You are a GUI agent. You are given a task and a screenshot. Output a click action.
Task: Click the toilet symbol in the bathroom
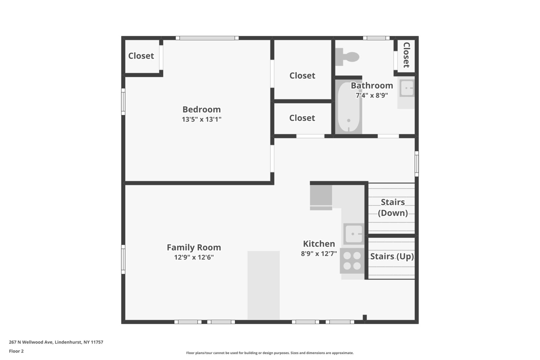tap(347, 57)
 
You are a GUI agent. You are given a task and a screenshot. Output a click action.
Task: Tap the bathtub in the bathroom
tap(349, 107)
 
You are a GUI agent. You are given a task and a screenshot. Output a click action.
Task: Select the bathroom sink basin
tap(407, 88)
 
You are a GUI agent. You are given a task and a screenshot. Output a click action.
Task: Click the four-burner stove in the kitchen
tap(352, 261)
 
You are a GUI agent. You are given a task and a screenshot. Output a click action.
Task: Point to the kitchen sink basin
tap(354, 234)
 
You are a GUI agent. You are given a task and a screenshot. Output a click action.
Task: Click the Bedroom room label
tap(201, 110)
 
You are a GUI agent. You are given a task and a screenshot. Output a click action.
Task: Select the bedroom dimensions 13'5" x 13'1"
tap(201, 119)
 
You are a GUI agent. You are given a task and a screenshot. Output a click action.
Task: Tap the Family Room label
tap(194, 247)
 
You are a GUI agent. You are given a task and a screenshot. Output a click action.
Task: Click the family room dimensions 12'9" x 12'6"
tap(194, 257)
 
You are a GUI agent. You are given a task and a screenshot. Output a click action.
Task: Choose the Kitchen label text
tap(319, 244)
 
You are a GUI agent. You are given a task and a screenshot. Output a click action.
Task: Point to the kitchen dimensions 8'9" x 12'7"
tap(319, 254)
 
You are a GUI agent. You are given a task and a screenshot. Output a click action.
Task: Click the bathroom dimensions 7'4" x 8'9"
tap(372, 95)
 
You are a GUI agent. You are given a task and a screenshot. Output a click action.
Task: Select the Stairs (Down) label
tap(393, 207)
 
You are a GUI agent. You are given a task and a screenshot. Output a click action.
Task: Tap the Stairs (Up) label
tap(392, 256)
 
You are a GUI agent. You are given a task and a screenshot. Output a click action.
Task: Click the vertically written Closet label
tap(406, 55)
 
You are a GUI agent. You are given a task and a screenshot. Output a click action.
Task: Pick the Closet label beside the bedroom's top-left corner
tap(141, 56)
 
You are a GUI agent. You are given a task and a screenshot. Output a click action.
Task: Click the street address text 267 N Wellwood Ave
tap(31, 342)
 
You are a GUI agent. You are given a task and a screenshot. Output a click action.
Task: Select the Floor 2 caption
tap(17, 351)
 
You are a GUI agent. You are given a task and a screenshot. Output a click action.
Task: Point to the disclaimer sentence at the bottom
tap(270, 353)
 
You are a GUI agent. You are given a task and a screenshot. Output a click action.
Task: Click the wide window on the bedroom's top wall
tap(207, 38)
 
